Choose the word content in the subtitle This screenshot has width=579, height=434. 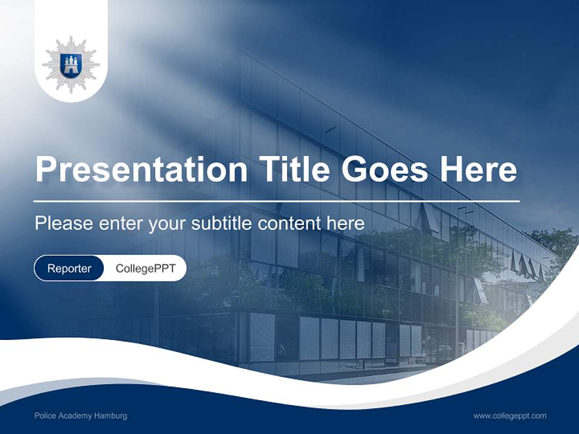(x=290, y=223)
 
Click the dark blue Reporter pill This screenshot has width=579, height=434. (x=69, y=268)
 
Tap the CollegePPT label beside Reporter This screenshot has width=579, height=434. (x=145, y=268)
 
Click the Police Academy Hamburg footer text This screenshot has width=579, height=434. (x=81, y=416)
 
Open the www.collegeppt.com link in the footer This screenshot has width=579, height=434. (x=510, y=416)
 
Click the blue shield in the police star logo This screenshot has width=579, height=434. (x=71, y=64)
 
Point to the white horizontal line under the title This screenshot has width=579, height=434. (x=277, y=200)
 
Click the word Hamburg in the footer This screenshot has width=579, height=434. (x=112, y=416)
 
